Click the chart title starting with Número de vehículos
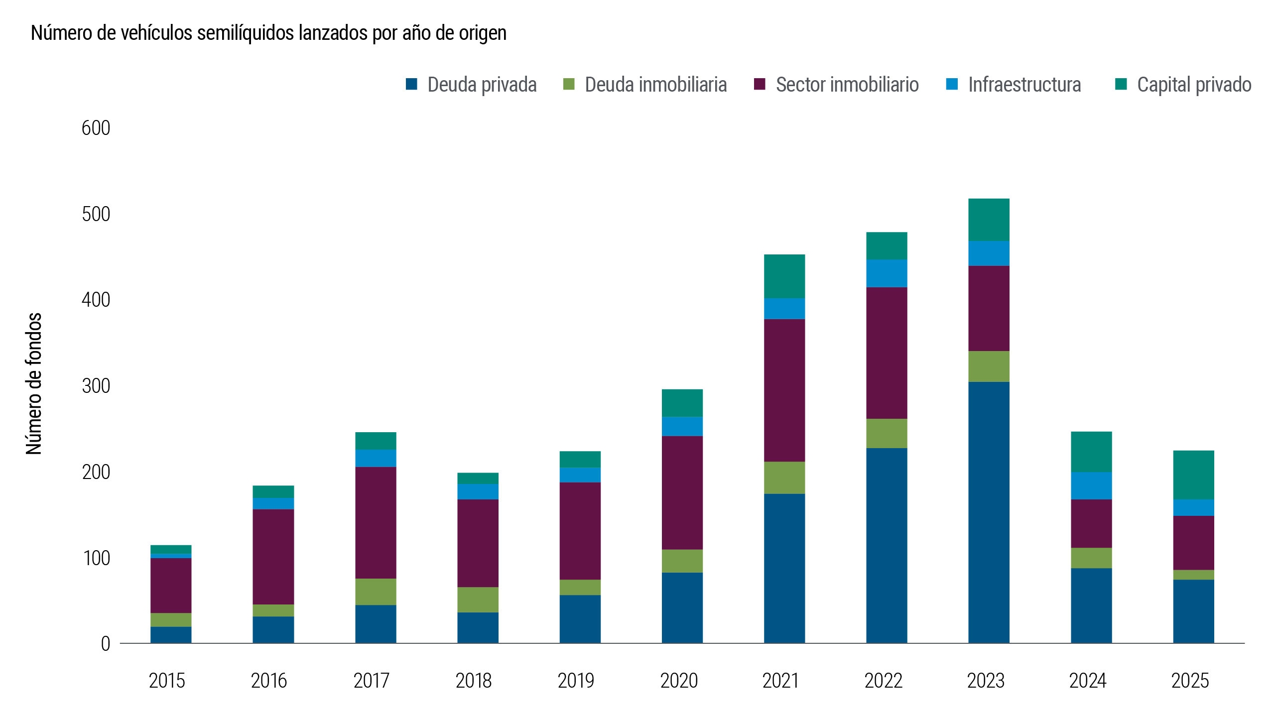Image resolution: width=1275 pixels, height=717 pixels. (x=268, y=33)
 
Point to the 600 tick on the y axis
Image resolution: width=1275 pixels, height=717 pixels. (x=96, y=128)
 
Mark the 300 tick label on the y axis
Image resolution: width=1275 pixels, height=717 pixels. (x=96, y=386)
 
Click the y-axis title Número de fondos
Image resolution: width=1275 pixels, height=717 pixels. (x=34, y=383)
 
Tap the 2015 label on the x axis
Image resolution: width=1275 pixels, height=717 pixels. (x=167, y=681)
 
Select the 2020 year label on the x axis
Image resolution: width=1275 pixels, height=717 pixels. (x=679, y=681)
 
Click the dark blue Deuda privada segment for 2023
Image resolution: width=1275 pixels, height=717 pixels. (x=989, y=513)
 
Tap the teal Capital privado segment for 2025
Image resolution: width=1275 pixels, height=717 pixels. (x=1193, y=475)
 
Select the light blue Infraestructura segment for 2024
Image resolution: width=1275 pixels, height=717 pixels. (x=1091, y=485)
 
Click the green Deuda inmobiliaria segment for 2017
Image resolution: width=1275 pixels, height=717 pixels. (x=376, y=592)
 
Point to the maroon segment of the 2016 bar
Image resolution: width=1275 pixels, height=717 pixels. (x=273, y=557)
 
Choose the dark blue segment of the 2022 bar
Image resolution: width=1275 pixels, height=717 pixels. (x=887, y=545)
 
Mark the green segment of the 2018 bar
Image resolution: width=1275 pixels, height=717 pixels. (x=478, y=599)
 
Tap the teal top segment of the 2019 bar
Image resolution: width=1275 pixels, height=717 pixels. (x=580, y=459)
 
